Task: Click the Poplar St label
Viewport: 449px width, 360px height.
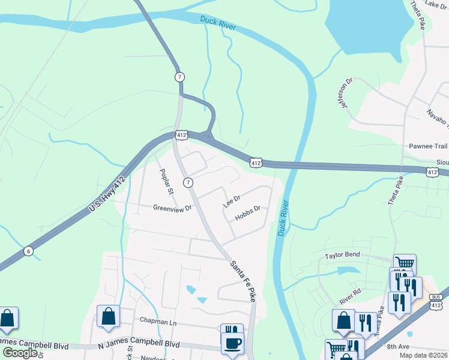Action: click(x=166, y=182)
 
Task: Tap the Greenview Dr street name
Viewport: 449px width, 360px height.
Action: click(x=172, y=208)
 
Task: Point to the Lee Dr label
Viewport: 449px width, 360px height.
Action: click(x=232, y=201)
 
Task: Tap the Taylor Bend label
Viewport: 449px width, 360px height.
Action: click(x=342, y=254)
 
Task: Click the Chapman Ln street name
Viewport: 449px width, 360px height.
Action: click(x=157, y=322)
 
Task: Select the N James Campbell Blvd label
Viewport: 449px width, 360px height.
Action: click(x=139, y=345)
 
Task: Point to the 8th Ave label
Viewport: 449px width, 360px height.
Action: click(x=397, y=346)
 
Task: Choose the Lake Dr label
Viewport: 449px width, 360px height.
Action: click(x=436, y=4)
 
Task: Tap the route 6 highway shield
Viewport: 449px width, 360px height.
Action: click(x=28, y=251)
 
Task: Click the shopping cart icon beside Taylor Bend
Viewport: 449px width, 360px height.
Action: click(x=405, y=263)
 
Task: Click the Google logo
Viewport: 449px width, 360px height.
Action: click(x=20, y=353)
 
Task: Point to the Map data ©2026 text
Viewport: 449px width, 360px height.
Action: click(x=425, y=355)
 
